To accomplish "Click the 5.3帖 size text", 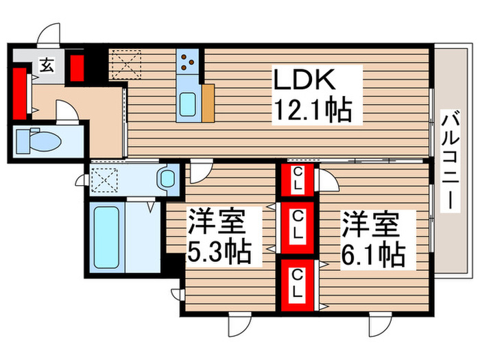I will tap(219, 252).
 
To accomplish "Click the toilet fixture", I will tap(38, 141).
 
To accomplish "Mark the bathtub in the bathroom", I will tap(106, 237).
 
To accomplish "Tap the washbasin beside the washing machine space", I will tap(167, 180).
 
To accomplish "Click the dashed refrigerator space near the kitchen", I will tap(126, 67).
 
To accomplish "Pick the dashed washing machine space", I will tap(107, 180).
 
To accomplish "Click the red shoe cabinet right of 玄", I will tap(76, 67).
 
